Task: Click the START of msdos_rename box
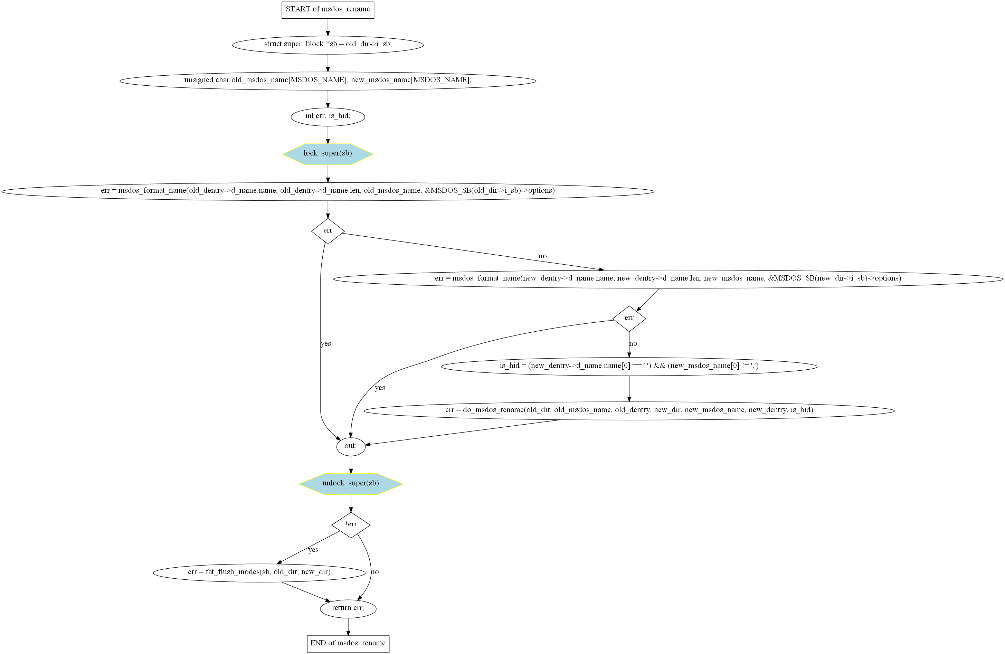[x=328, y=10]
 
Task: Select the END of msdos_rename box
[x=348, y=643]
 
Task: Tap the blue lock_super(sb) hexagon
[x=328, y=154]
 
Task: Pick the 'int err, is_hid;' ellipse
[x=328, y=116]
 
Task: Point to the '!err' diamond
[x=350, y=525]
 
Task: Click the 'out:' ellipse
[x=350, y=446]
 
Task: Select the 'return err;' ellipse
[x=348, y=608]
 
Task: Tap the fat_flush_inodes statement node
[x=259, y=572]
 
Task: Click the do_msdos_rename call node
[x=629, y=410]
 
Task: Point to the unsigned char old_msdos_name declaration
[x=328, y=80]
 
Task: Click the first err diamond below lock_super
[x=328, y=231]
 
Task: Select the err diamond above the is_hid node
[x=629, y=318]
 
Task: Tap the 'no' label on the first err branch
[x=542, y=256]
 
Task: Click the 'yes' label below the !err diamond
[x=313, y=550]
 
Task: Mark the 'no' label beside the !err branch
[x=374, y=572]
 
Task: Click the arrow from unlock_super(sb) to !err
[x=350, y=504]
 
